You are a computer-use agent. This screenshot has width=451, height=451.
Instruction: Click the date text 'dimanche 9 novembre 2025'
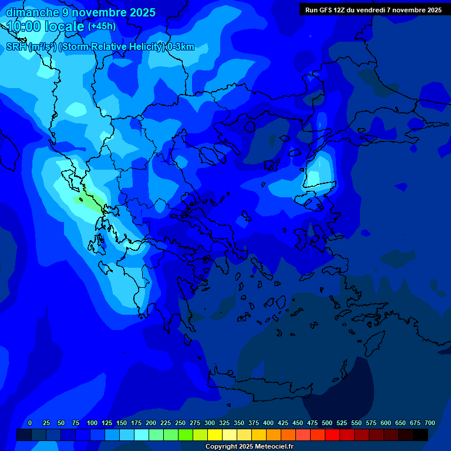(80, 12)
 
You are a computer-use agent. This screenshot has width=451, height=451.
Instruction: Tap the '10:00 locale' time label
(45, 26)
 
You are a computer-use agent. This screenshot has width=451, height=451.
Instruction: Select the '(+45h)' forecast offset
(102, 26)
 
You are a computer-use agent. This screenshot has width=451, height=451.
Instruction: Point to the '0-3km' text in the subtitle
(180, 47)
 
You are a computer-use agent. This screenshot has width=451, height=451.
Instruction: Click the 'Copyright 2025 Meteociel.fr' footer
(249, 447)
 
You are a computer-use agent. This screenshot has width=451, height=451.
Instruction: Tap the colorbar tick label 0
(30, 423)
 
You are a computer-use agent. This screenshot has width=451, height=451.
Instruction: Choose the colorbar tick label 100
(92, 423)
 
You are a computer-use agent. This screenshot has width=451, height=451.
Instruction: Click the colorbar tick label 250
(180, 423)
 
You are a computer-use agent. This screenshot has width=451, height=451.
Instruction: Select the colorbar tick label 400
(268, 423)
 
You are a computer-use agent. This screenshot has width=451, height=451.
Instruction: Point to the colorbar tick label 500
(327, 423)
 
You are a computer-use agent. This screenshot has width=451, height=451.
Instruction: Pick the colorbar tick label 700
(429, 423)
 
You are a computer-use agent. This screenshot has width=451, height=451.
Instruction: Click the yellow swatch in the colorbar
(215, 435)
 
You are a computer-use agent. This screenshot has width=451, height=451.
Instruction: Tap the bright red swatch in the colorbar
(332, 435)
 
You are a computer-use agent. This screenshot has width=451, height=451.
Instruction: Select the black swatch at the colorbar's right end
(420, 435)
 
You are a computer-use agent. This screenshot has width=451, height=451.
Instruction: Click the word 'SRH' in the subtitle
(16, 47)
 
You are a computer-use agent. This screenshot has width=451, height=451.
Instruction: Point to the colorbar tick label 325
(224, 423)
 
